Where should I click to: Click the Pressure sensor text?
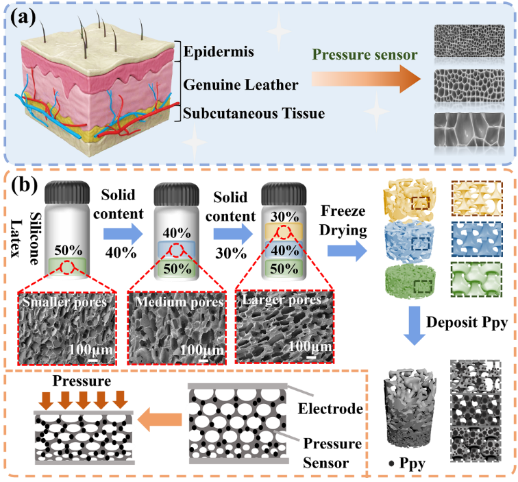pos(365,54)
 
